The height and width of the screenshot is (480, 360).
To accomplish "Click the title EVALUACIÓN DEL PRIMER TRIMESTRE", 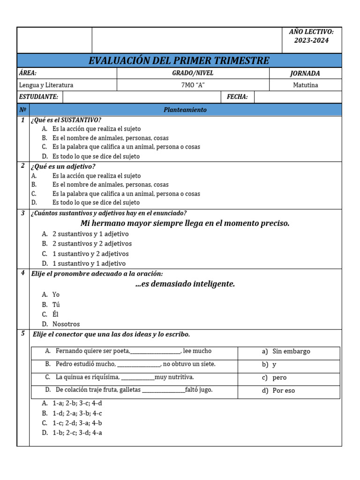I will (179, 60).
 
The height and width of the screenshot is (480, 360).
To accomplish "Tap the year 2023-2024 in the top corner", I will (311, 40).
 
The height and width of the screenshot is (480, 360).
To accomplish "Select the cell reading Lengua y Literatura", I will (46, 85).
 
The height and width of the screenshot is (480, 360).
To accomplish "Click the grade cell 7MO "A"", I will (193, 85).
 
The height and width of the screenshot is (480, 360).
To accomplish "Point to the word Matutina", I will (305, 85).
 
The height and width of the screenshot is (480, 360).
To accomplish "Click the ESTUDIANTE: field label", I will (39, 97).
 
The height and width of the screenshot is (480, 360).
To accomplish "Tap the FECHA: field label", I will (237, 97).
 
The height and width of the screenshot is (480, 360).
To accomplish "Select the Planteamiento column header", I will (185, 110).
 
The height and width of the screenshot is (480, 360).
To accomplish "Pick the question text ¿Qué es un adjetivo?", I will (63, 166).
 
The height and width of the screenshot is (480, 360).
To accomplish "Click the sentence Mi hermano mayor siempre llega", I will (185, 223).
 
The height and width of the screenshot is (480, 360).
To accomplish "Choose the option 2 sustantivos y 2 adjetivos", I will (92, 244).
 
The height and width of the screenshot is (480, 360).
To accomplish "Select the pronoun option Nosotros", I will (66, 324).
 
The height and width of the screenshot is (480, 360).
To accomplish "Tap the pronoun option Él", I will (55, 314).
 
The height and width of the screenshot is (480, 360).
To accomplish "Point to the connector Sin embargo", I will (291, 351).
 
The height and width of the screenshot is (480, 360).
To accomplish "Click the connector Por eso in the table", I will (284, 390).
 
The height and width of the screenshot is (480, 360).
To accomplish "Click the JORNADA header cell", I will (305, 73).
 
